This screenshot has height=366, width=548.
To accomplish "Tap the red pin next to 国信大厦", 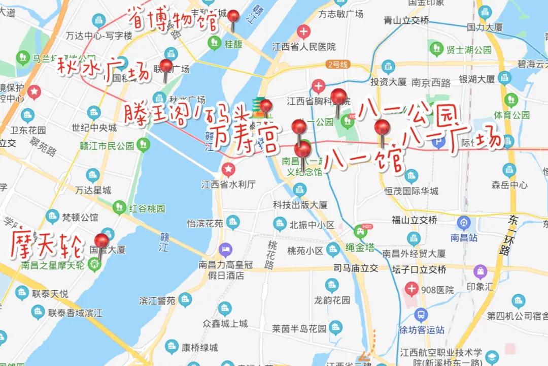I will [x=101, y=241].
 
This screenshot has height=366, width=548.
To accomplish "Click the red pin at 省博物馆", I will [x=233, y=17].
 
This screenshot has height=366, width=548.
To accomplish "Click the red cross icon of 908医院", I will [x=412, y=289].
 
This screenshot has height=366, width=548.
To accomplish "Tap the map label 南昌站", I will [x=464, y=237].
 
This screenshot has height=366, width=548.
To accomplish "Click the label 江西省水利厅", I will [x=228, y=184].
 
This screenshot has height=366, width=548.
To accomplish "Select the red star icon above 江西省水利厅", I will [x=228, y=170].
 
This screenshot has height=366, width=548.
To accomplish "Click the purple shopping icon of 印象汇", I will [x=480, y=272].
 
